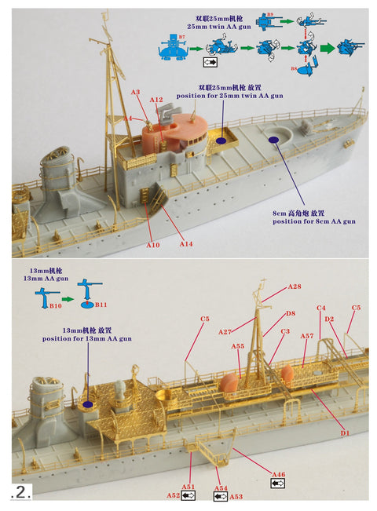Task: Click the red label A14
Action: pyautogui.click(x=185, y=244)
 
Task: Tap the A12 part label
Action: pyautogui.click(x=156, y=100)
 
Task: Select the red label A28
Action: pyautogui.click(x=295, y=287)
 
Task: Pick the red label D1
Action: pyautogui.click(x=343, y=433)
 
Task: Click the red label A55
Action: pyautogui.click(x=238, y=345)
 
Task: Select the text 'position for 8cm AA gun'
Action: pyautogui.click(x=314, y=221)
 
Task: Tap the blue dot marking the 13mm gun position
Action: pyautogui.click(x=86, y=404)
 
